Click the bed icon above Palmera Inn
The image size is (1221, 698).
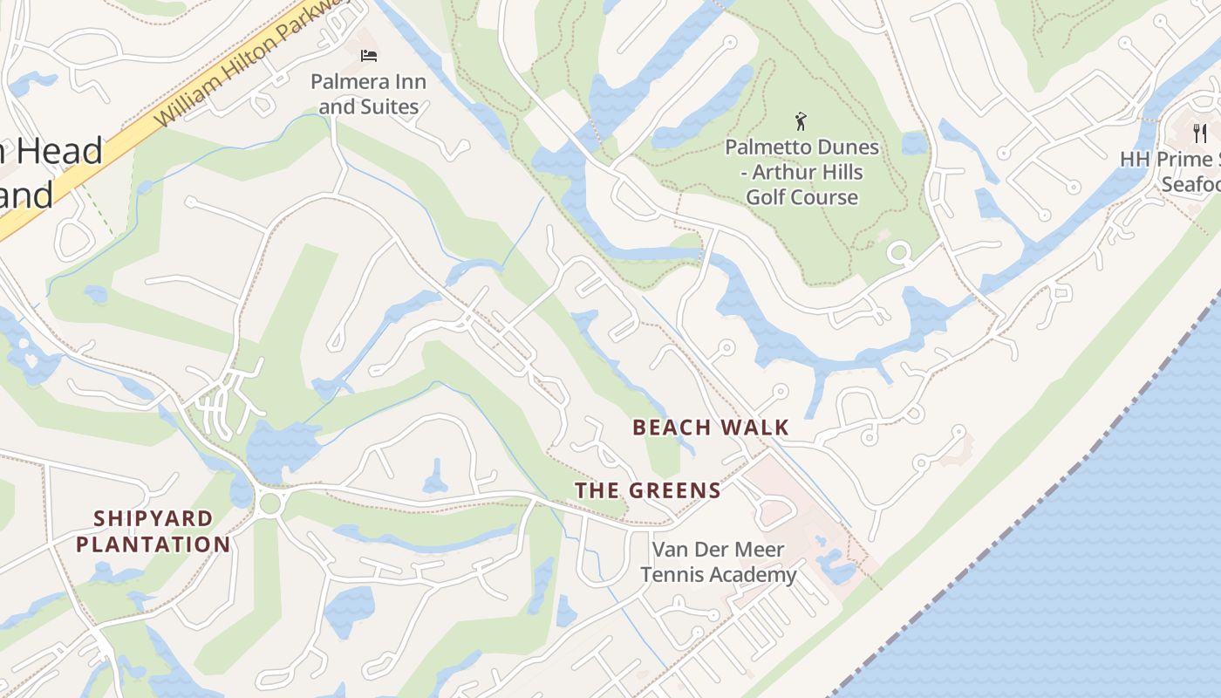click(x=369, y=56)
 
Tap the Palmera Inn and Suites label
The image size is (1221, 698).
click(x=369, y=94)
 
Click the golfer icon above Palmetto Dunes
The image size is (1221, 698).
click(x=801, y=121)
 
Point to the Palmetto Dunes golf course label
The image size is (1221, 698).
click(x=801, y=172)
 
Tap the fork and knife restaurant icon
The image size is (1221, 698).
click(x=1200, y=133)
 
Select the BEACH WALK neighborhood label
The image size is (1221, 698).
click(x=711, y=428)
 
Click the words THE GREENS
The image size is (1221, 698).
click(x=648, y=490)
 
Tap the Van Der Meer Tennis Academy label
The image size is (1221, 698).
click(x=719, y=562)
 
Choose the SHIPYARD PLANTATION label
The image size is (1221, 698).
click(x=153, y=531)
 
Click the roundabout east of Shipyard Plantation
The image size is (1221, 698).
click(x=270, y=502)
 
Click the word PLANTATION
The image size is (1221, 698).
click(x=153, y=545)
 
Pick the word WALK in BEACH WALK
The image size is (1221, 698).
click(x=758, y=428)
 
